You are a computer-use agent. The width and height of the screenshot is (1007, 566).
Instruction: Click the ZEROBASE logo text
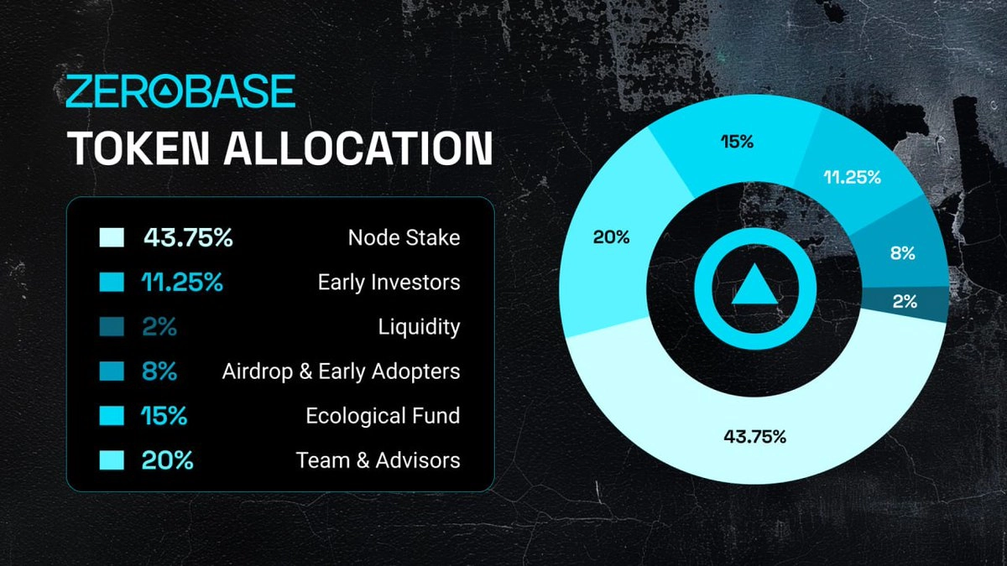180,91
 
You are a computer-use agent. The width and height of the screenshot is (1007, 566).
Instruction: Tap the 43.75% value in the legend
187,237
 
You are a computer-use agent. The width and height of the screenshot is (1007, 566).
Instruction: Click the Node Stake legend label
404,238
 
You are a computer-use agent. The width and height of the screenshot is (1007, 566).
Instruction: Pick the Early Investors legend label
389,283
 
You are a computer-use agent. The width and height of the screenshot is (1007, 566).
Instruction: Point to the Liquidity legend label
419,327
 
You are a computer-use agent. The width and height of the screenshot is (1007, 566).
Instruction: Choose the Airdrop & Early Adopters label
341,371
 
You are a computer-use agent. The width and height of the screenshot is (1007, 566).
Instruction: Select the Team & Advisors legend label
378,460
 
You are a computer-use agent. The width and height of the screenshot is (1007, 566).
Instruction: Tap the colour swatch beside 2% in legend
112,327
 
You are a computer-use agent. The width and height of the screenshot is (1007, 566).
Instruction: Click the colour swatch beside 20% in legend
112,460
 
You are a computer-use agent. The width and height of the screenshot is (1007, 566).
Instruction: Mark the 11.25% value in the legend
182,283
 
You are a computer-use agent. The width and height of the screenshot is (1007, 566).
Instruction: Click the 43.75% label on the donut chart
754,436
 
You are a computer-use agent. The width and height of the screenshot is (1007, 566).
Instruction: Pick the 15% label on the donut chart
737,142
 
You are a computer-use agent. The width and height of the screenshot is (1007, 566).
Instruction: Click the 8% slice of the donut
901,252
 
